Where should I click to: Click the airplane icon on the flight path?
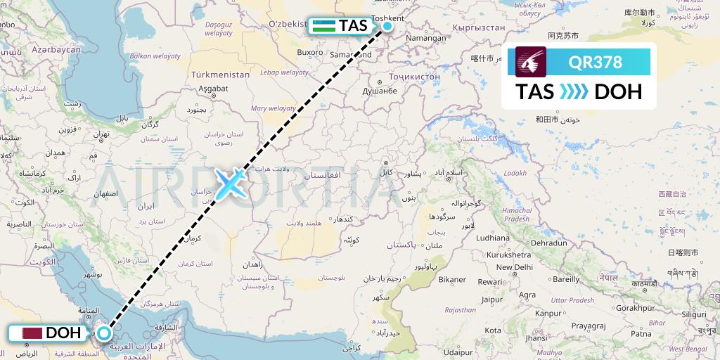pyautogui.click(x=229, y=183)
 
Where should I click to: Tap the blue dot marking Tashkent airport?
pyautogui.click(x=387, y=27)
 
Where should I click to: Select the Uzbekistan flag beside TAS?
pyautogui.click(x=323, y=26)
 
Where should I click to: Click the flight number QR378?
pyautogui.click(x=595, y=63)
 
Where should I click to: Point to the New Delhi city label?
pyautogui.click(x=514, y=267)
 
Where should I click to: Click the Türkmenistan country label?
pyautogui.click(x=221, y=75)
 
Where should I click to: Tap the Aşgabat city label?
pyautogui.click(x=213, y=89)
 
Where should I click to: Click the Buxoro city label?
pyautogui.click(x=310, y=52)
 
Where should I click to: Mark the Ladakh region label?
pyautogui.click(x=515, y=174)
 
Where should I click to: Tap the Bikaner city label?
pyautogui.click(x=452, y=279)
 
